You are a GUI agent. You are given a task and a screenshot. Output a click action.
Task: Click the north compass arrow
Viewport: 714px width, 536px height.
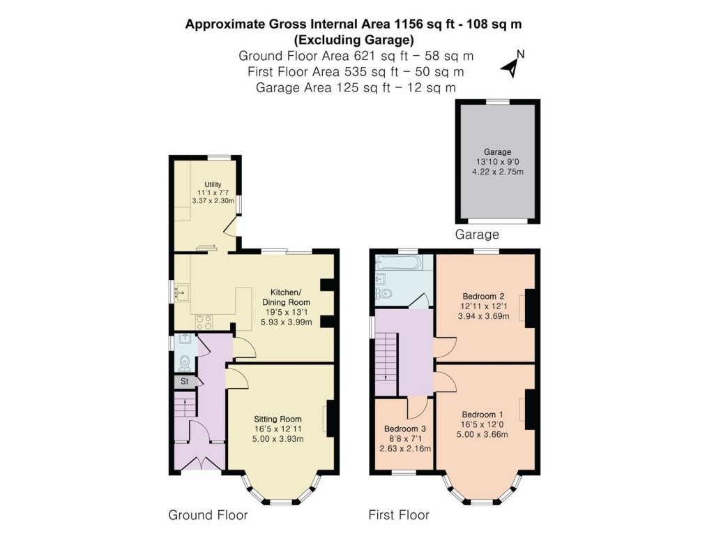(x=511, y=67)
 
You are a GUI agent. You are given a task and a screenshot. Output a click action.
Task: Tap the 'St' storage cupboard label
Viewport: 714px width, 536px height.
(x=185, y=382)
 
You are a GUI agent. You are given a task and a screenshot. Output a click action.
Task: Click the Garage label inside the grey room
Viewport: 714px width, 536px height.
(x=498, y=152)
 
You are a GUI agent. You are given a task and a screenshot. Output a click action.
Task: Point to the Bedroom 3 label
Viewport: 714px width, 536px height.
(x=405, y=429)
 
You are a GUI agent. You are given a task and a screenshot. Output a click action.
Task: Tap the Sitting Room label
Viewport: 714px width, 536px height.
(x=278, y=419)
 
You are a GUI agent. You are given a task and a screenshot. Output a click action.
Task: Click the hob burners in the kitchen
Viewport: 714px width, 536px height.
(x=205, y=322)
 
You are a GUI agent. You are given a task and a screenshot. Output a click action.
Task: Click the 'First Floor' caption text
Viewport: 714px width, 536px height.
(x=399, y=516)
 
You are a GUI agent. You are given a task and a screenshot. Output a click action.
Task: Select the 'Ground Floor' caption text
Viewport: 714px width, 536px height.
(x=208, y=516)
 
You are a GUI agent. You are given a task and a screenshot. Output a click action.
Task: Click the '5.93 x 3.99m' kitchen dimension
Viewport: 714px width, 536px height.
(x=286, y=322)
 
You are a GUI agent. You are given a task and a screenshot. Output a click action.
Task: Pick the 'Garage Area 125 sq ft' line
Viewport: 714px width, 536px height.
(x=356, y=88)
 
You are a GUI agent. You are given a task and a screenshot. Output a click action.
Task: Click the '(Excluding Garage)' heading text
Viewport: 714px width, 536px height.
(x=354, y=39)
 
